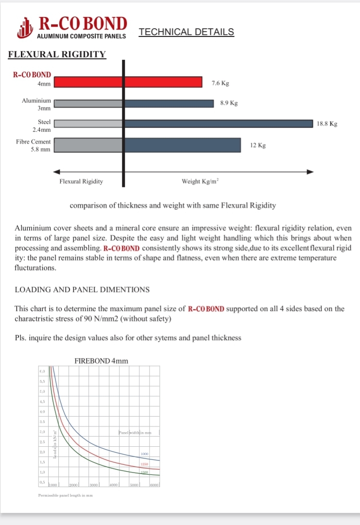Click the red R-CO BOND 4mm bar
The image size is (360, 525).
[128, 82]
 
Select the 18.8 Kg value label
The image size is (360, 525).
[326, 124]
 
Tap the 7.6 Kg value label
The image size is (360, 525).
[220, 83]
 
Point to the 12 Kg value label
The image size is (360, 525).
[258, 145]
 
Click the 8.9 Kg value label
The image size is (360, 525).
[229, 103]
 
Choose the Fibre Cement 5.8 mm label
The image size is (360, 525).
[34, 145]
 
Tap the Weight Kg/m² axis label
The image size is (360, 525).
[200, 181]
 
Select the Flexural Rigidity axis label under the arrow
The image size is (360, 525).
[81, 181]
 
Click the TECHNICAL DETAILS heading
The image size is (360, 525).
[186, 32]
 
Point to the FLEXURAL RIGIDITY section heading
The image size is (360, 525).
[57, 54]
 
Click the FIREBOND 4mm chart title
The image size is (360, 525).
[101, 361]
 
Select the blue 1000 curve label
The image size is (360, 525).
[144, 454]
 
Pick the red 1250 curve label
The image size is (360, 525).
[144, 464]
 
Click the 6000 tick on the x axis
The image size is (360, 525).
[154, 485]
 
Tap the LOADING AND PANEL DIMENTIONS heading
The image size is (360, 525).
[82, 290]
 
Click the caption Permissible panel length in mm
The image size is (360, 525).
[66, 495]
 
